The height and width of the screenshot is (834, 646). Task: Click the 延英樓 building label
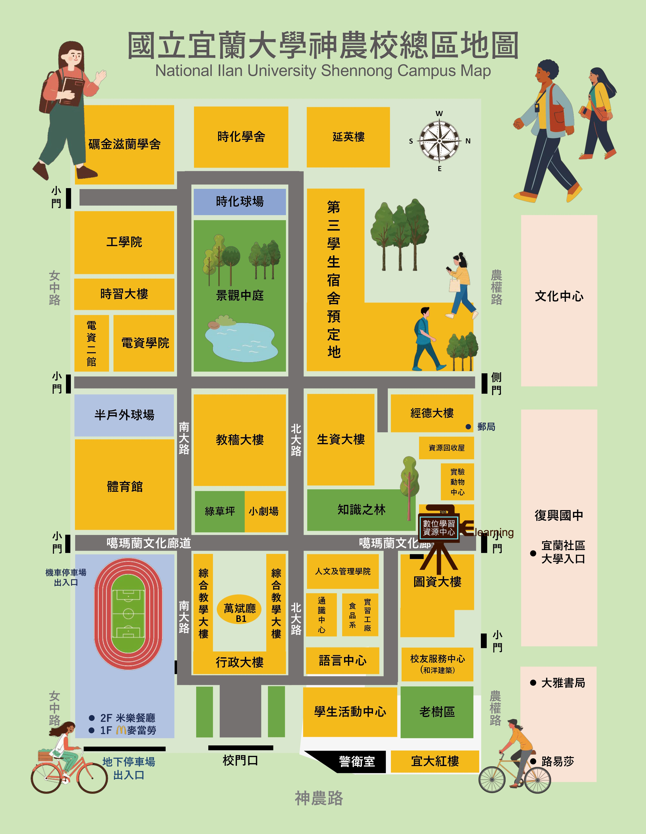pos(348,137)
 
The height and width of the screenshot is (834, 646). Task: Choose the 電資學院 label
pos(145,342)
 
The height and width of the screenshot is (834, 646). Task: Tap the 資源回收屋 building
pos(446,448)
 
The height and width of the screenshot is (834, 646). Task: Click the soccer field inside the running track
pos(128,614)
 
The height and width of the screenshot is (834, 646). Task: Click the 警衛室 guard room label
pos(357,761)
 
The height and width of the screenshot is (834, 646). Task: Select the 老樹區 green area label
pos(437,712)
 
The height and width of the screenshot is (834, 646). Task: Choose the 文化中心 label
pos(559,296)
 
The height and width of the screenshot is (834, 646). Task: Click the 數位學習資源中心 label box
pos(439,528)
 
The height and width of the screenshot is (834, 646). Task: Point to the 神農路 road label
pos(319,798)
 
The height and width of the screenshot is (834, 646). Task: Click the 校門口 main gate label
pos(240,760)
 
